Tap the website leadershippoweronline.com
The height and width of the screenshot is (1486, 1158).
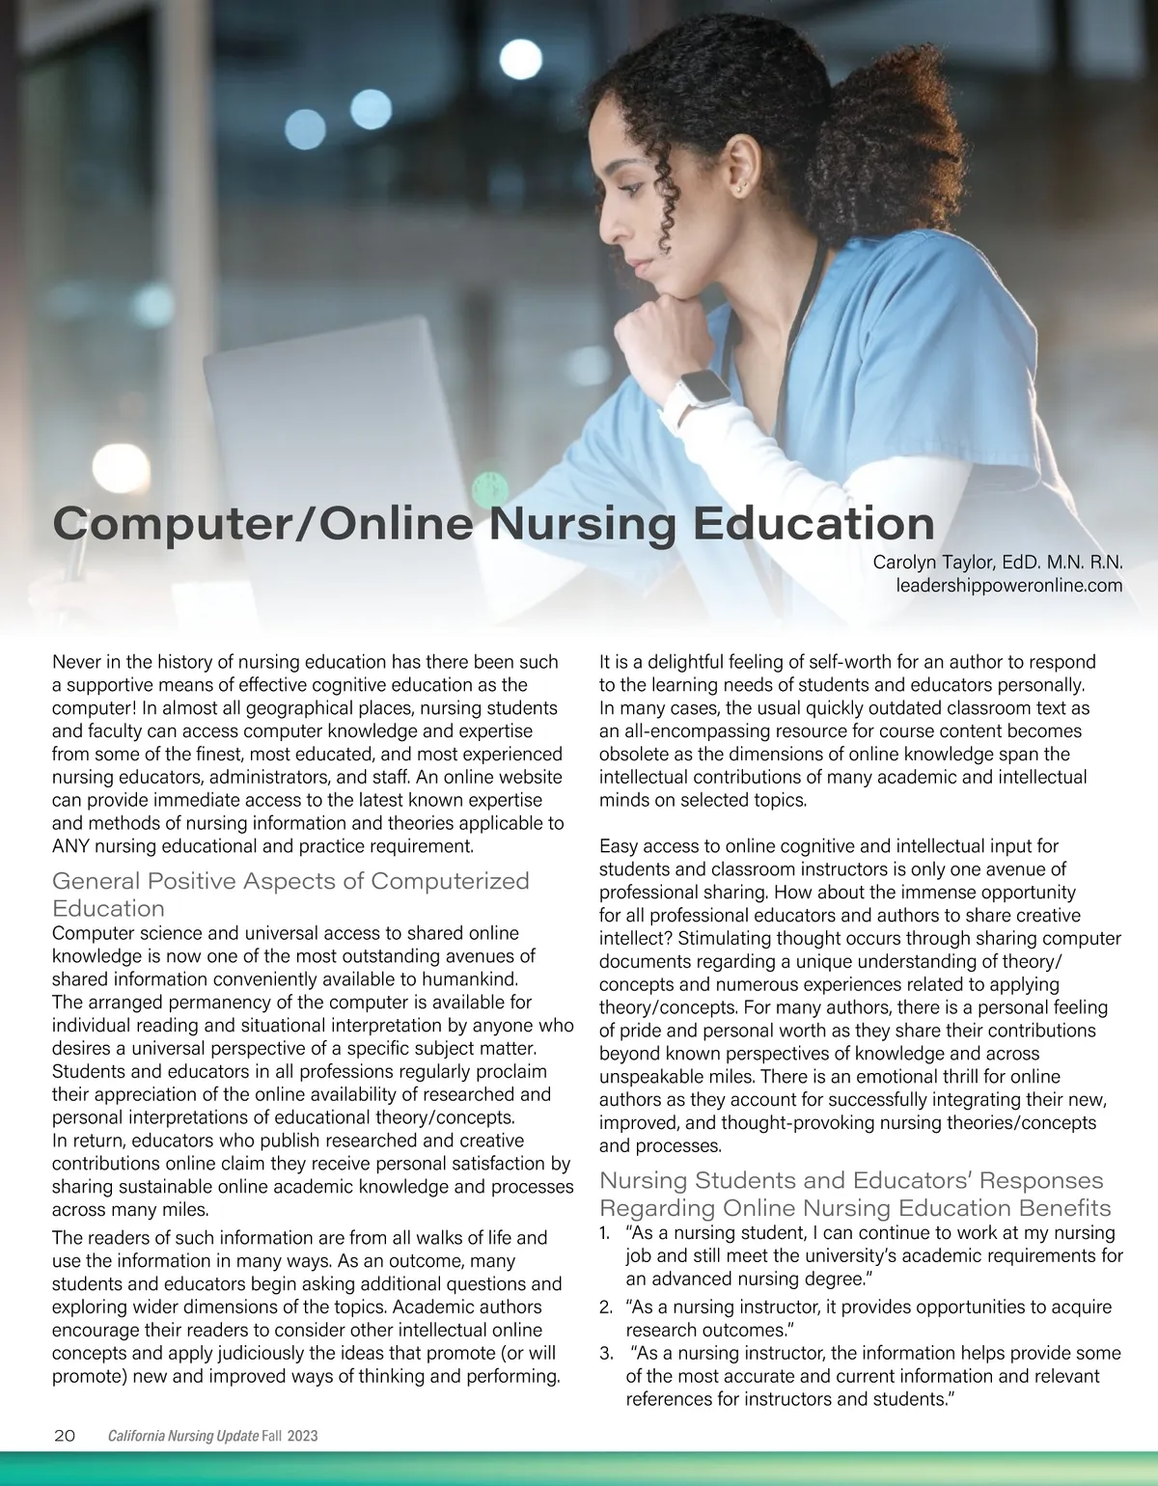(1009, 586)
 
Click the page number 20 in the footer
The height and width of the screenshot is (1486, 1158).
(65, 1436)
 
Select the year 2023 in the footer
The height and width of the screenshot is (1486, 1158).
(302, 1437)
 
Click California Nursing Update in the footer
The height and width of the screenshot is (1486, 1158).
(183, 1437)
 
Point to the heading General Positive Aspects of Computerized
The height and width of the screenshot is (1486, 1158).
(290, 881)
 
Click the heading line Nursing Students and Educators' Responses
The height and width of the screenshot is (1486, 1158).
(851, 1180)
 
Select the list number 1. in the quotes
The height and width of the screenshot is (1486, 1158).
(605, 1233)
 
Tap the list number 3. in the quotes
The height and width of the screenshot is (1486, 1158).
(605, 1353)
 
